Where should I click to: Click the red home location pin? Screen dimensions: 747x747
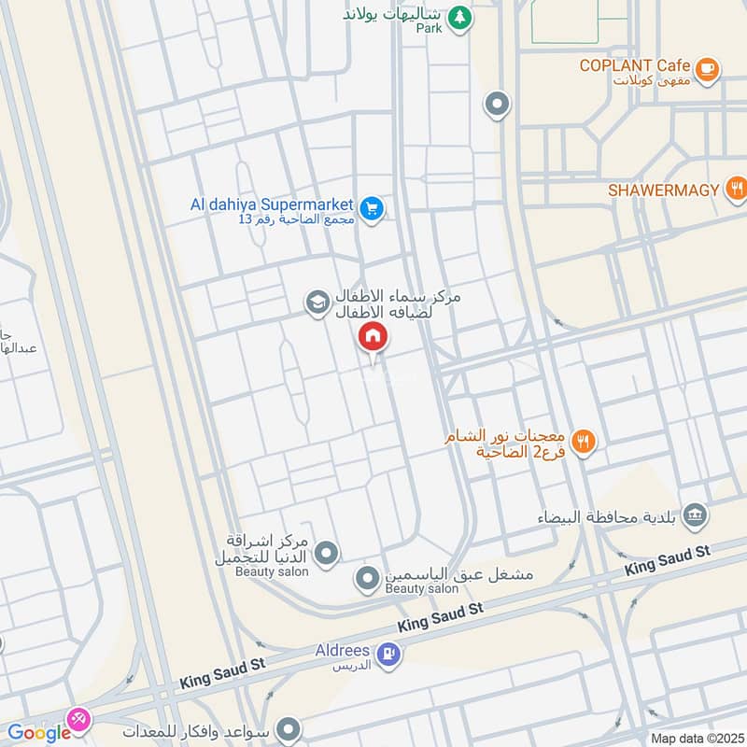pyautogui.click(x=373, y=337)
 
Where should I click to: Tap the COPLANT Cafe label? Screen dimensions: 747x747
pyautogui.click(x=634, y=65)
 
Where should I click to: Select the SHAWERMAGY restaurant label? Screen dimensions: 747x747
pyautogui.click(x=663, y=190)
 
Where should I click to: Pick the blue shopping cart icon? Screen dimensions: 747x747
pyautogui.click(x=373, y=209)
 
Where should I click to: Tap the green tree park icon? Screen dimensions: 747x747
pyautogui.click(x=458, y=16)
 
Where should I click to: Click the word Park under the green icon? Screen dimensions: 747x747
pyautogui.click(x=429, y=29)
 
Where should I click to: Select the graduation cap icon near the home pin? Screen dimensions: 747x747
pyautogui.click(x=317, y=302)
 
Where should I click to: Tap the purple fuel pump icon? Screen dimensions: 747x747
pyautogui.click(x=389, y=655)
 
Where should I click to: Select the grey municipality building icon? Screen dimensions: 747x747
pyautogui.click(x=695, y=514)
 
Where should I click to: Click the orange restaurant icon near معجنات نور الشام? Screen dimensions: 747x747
pyautogui.click(x=585, y=442)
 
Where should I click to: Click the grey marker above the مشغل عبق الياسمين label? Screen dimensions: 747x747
pyautogui.click(x=367, y=580)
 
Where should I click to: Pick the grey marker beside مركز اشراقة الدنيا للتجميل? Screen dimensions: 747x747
pyautogui.click(x=326, y=554)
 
